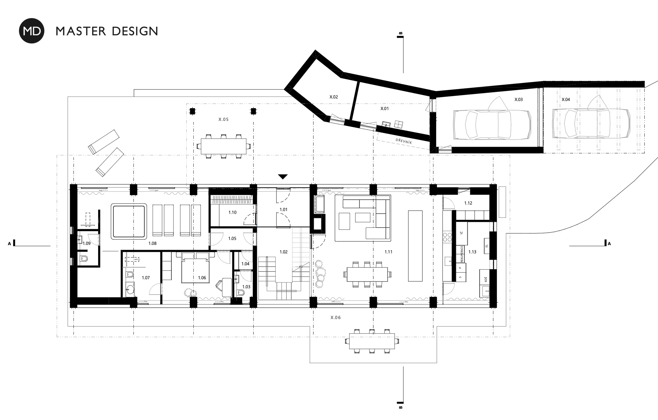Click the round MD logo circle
tap(31, 31)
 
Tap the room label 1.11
tap(388, 252)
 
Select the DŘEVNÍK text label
tap(404, 141)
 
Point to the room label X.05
tap(224, 120)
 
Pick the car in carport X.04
tap(591, 123)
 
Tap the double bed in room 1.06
tap(195, 268)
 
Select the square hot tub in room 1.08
tap(129, 222)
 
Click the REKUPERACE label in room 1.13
tap(462, 254)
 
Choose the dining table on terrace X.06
tap(372, 341)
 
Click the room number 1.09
tap(87, 244)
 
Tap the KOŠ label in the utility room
tap(486, 280)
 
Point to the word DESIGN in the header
tap(135, 31)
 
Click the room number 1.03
tap(246, 287)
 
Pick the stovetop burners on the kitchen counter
tap(447, 237)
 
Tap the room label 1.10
tap(232, 212)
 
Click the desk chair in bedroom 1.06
tap(219, 285)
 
